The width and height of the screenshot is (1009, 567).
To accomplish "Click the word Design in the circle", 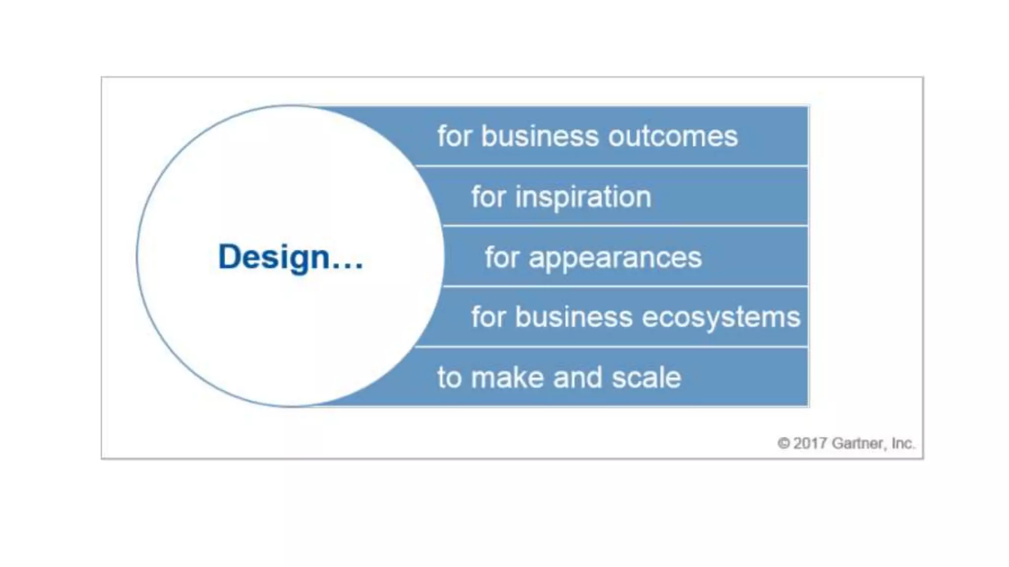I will tap(273, 257).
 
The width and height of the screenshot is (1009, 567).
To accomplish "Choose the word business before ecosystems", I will tap(574, 317).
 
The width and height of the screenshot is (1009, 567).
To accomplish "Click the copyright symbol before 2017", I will tap(783, 443).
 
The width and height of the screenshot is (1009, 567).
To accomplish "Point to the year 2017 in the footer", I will tap(810, 443).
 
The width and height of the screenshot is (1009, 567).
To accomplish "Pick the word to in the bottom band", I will tap(449, 378).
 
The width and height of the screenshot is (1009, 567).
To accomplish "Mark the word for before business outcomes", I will tap(454, 136).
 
